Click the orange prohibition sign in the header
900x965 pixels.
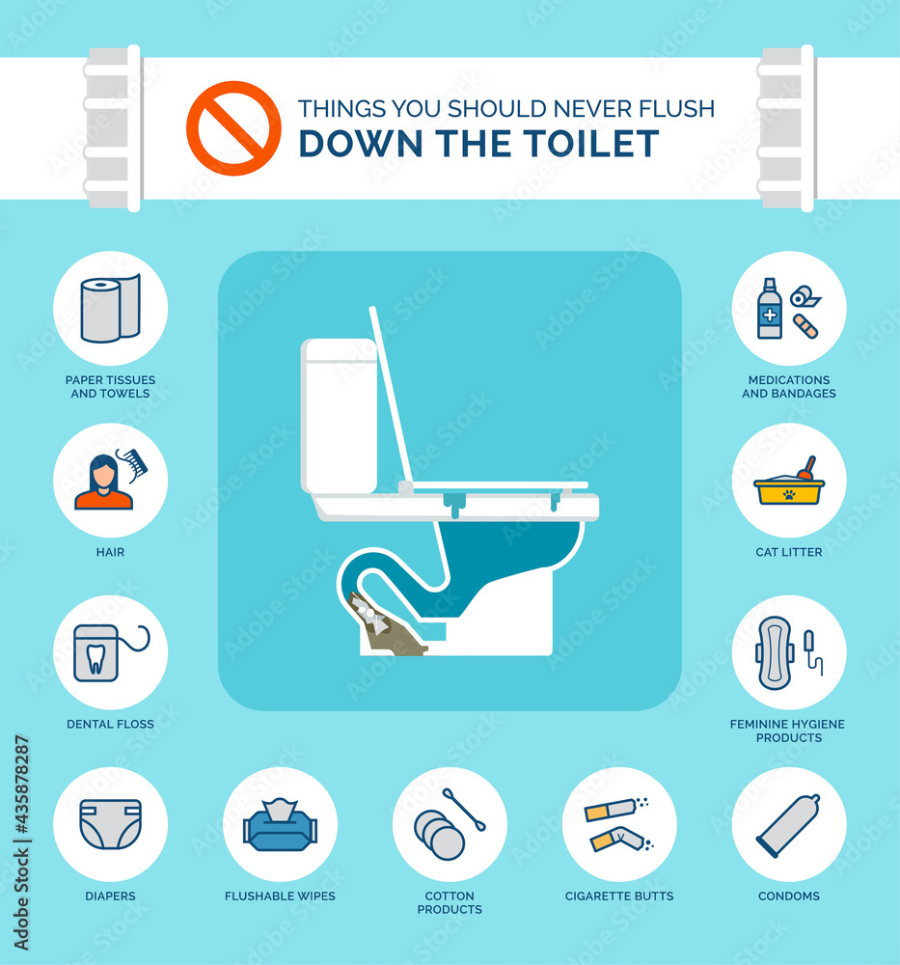pos(233,128)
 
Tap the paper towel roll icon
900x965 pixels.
pos(111,308)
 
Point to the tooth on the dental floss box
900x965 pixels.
pos(95,659)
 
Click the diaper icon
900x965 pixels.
pos(111,824)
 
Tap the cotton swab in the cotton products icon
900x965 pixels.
pos(464,810)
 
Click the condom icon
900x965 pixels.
pos(789,825)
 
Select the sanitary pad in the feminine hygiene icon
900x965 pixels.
pos(776,652)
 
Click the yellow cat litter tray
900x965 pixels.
pos(789,490)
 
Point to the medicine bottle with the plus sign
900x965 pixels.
pos(770,309)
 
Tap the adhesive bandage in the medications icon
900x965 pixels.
pos(805,326)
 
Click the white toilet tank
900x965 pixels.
pos(339,416)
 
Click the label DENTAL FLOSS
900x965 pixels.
pos(110,725)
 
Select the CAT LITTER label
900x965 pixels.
pos(789,552)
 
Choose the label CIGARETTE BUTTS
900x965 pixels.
pos(619,896)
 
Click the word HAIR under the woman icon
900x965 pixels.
pos(110,552)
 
